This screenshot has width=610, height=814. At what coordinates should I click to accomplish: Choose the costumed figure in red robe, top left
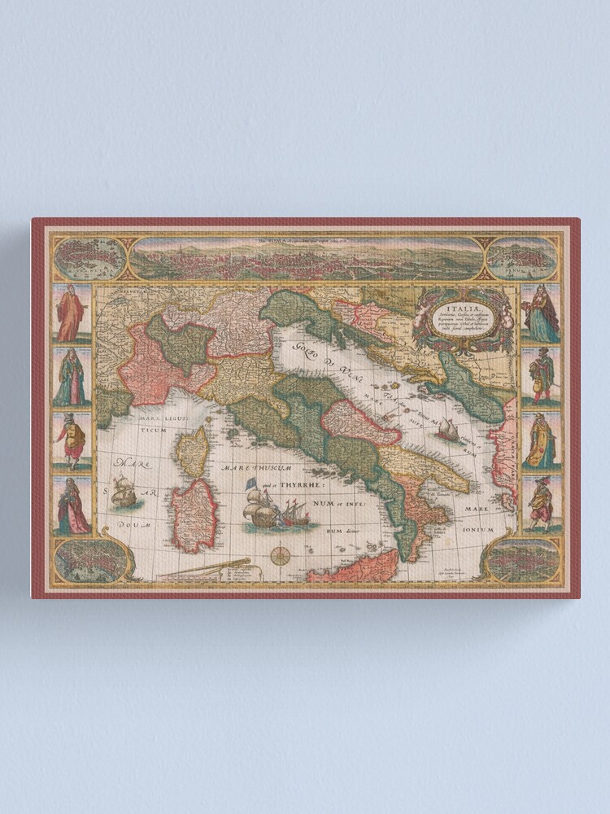(71, 313)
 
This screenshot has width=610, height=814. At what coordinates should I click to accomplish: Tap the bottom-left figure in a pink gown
(71, 506)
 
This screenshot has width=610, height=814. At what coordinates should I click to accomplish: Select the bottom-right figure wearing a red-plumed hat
(539, 505)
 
